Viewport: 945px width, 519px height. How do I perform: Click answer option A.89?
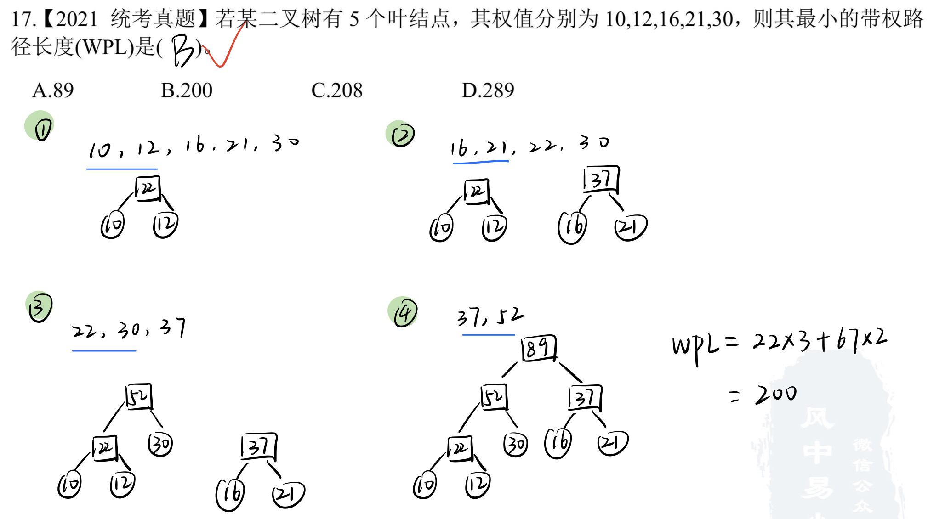tap(53, 90)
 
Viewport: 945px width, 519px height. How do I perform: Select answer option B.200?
tap(187, 90)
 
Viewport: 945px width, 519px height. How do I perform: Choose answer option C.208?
tap(337, 90)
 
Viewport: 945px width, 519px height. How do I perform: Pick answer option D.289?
tap(488, 90)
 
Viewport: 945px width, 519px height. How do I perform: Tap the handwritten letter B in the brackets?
tap(183, 51)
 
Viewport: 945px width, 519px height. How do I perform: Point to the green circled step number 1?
tap(40, 126)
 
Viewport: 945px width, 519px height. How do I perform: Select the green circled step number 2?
tap(401, 134)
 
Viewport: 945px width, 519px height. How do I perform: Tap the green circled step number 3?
tap(39, 307)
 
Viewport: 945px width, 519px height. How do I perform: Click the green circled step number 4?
tap(404, 312)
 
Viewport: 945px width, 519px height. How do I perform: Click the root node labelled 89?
tap(539, 348)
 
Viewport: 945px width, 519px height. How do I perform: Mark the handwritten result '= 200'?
tap(763, 394)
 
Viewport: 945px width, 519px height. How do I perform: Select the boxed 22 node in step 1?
tap(148, 189)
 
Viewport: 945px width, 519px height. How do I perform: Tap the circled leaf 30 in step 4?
tap(515, 444)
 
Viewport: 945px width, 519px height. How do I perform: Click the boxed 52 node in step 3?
tap(139, 396)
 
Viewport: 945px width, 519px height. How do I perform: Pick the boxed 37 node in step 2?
tap(601, 180)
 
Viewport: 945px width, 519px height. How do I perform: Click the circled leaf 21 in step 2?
tap(630, 227)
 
